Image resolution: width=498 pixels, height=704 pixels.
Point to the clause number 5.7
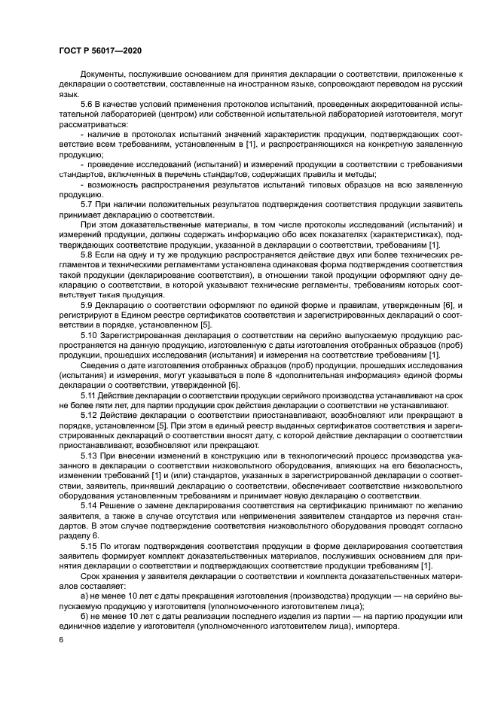[x=88, y=204]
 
